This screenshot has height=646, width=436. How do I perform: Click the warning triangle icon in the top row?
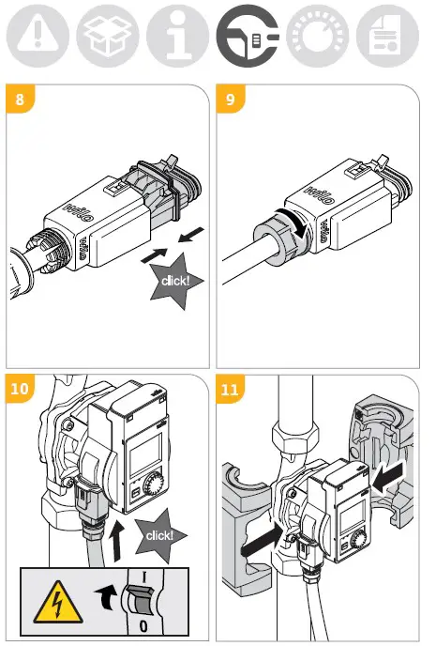coord(38,37)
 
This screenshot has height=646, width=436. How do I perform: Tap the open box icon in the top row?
coord(108,37)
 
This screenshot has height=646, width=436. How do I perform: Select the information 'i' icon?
coord(178,37)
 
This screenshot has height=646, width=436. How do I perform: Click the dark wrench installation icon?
coord(248,37)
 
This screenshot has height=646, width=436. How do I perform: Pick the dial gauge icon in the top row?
coord(318,37)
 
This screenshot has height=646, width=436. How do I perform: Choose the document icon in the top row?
coord(387,37)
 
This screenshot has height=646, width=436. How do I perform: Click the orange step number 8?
coord(20,99)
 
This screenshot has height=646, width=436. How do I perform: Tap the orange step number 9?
coord(231,99)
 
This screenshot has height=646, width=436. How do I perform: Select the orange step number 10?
coord(20,389)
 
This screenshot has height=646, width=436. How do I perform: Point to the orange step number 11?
coord(230,389)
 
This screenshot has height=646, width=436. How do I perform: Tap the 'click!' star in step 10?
coord(160,535)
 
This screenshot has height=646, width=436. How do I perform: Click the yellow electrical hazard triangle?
coord(57,603)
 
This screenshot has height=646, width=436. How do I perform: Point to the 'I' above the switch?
coord(144,577)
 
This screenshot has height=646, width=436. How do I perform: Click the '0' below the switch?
coord(143,626)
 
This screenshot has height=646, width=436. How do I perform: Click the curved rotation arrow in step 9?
coord(297,222)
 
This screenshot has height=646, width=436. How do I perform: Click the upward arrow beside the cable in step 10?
coord(117,540)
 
